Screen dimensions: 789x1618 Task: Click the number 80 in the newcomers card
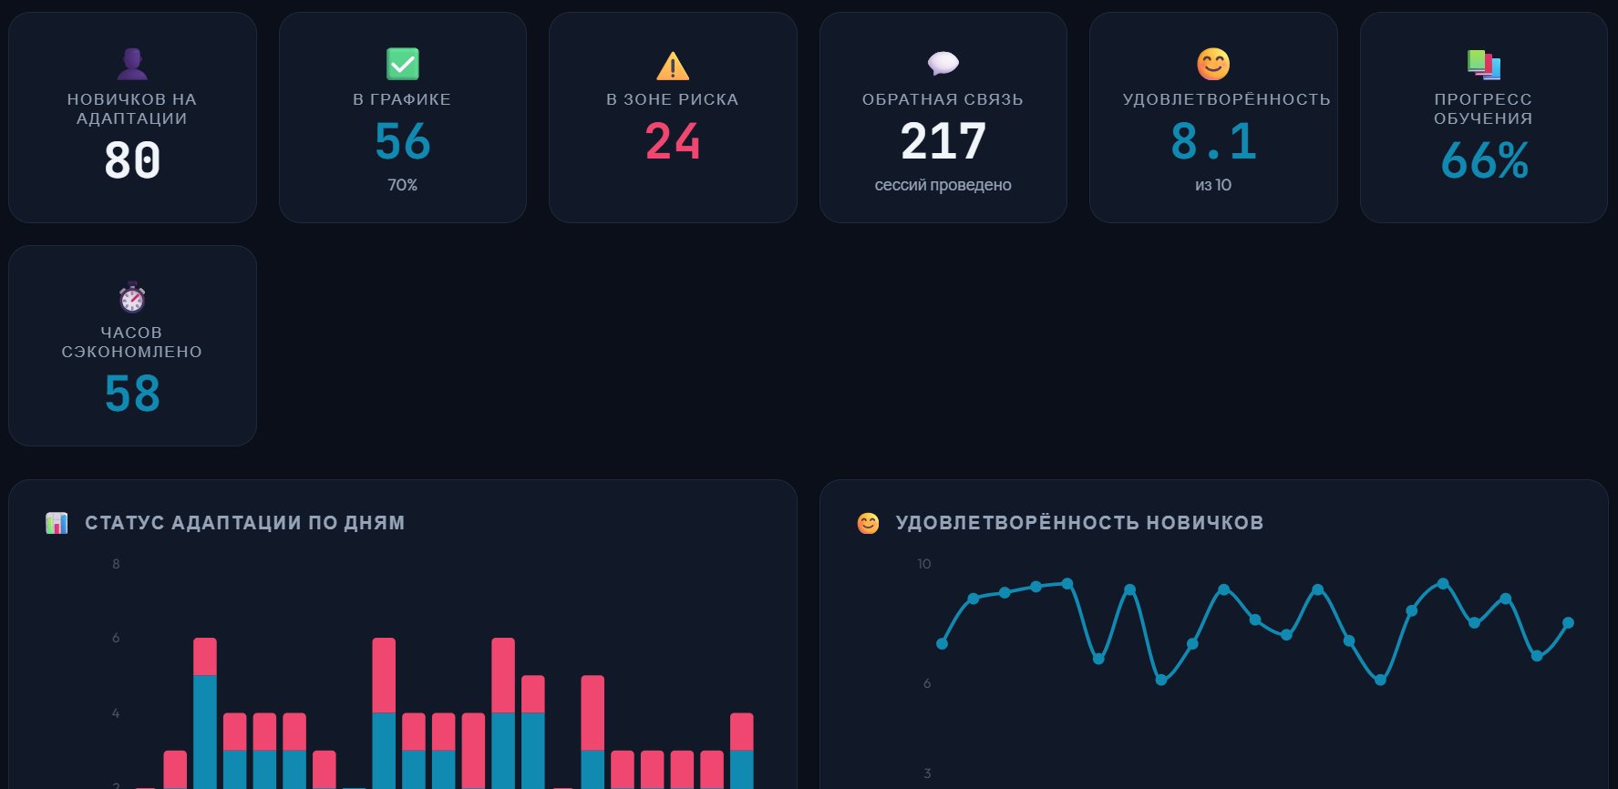point(132,161)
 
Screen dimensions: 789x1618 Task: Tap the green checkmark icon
point(402,64)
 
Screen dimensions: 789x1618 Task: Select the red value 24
point(673,142)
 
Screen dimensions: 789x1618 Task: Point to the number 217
point(943,142)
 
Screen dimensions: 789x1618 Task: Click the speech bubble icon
point(943,63)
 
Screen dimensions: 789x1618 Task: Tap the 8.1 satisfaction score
point(1213,142)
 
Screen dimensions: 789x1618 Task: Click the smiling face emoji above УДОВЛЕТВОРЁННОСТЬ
point(1213,64)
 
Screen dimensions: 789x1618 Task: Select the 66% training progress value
point(1483,161)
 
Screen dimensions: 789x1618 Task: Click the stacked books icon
point(1483,64)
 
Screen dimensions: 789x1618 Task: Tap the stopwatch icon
point(132,297)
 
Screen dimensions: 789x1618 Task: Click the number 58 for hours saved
point(132,394)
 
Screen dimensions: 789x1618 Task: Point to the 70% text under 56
point(402,185)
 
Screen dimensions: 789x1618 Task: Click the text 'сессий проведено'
point(943,185)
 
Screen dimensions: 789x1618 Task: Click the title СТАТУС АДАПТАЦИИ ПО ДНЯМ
point(244,523)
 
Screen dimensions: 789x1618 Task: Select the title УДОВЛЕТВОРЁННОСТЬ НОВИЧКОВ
point(1079,523)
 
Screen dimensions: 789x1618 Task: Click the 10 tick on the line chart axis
point(923,564)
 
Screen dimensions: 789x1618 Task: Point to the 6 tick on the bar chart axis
point(116,638)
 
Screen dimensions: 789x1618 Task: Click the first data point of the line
point(942,644)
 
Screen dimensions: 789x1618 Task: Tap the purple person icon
point(132,64)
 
